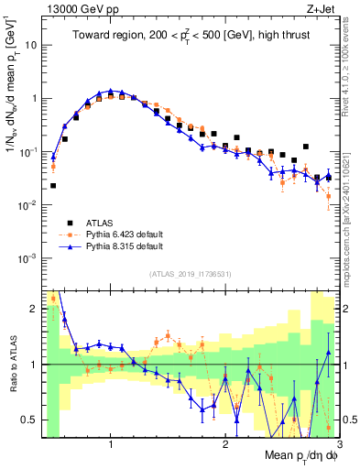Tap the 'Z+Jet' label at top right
324,8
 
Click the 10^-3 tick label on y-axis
27,258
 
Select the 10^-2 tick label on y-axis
27,205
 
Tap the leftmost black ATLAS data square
53,185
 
